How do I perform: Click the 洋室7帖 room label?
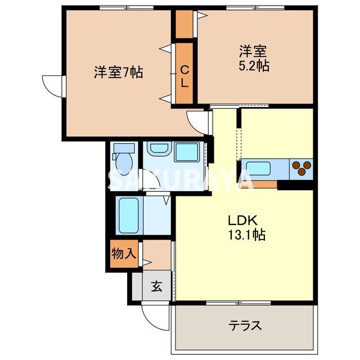pyautogui.click(x=118, y=72)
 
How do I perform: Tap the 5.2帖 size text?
pyautogui.click(x=253, y=65)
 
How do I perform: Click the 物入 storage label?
pyautogui.click(x=123, y=253)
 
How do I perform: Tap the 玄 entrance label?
pyautogui.click(x=156, y=287)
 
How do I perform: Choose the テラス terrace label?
pyautogui.click(x=245, y=325)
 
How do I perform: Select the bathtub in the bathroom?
pyautogui.click(x=129, y=215)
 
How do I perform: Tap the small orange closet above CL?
pyautogui.click(x=184, y=23)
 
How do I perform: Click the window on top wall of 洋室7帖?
pyautogui.click(x=127, y=8)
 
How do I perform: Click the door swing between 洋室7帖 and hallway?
pyautogui.click(x=198, y=119)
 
